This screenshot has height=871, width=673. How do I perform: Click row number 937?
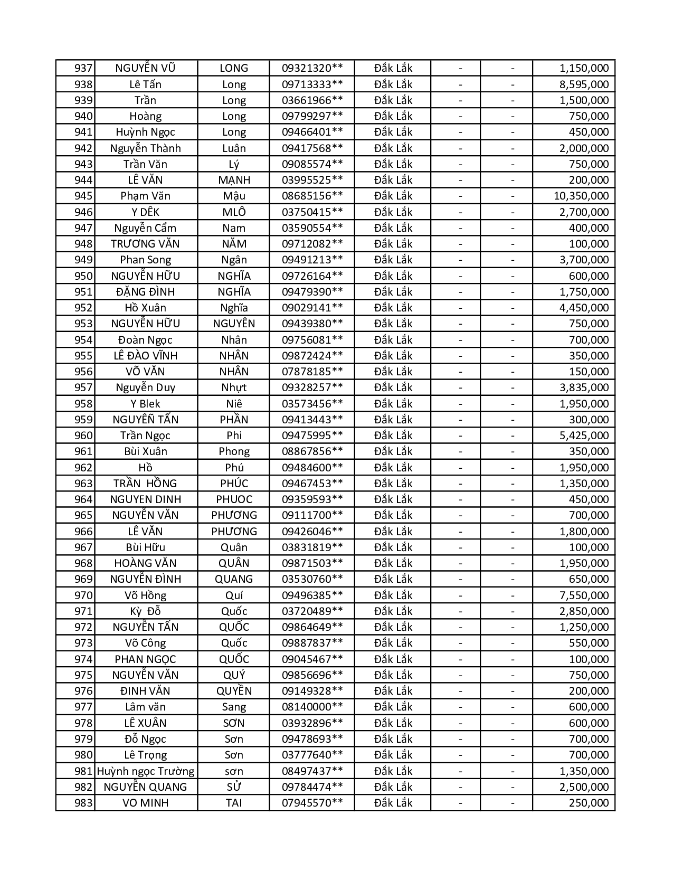click(83, 68)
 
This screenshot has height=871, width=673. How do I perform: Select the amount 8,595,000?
click(584, 84)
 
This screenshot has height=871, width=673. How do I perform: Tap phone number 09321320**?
click(312, 68)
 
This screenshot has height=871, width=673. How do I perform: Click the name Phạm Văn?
click(145, 196)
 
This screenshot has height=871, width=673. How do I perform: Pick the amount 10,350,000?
click(581, 196)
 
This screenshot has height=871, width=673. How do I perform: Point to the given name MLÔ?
click(234, 212)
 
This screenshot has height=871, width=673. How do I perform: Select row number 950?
click(83, 276)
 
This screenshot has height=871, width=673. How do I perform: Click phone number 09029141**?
click(312, 308)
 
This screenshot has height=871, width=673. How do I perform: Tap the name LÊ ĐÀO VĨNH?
click(145, 356)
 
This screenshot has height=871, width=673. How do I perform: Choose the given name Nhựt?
click(234, 387)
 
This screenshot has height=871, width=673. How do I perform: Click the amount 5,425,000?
click(584, 435)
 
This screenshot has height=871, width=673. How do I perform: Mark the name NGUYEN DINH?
click(145, 499)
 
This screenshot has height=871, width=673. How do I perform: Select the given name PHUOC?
click(234, 499)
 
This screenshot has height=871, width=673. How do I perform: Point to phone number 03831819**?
click(312, 547)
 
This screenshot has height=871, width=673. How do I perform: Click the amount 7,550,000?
click(584, 595)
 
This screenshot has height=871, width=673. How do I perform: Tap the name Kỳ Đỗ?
click(145, 611)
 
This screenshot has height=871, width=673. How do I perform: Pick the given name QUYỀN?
click(234, 691)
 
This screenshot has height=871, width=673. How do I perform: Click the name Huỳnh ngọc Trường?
click(145, 771)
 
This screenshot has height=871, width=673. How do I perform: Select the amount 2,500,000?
click(584, 787)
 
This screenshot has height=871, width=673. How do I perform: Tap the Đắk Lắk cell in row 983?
click(393, 803)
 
